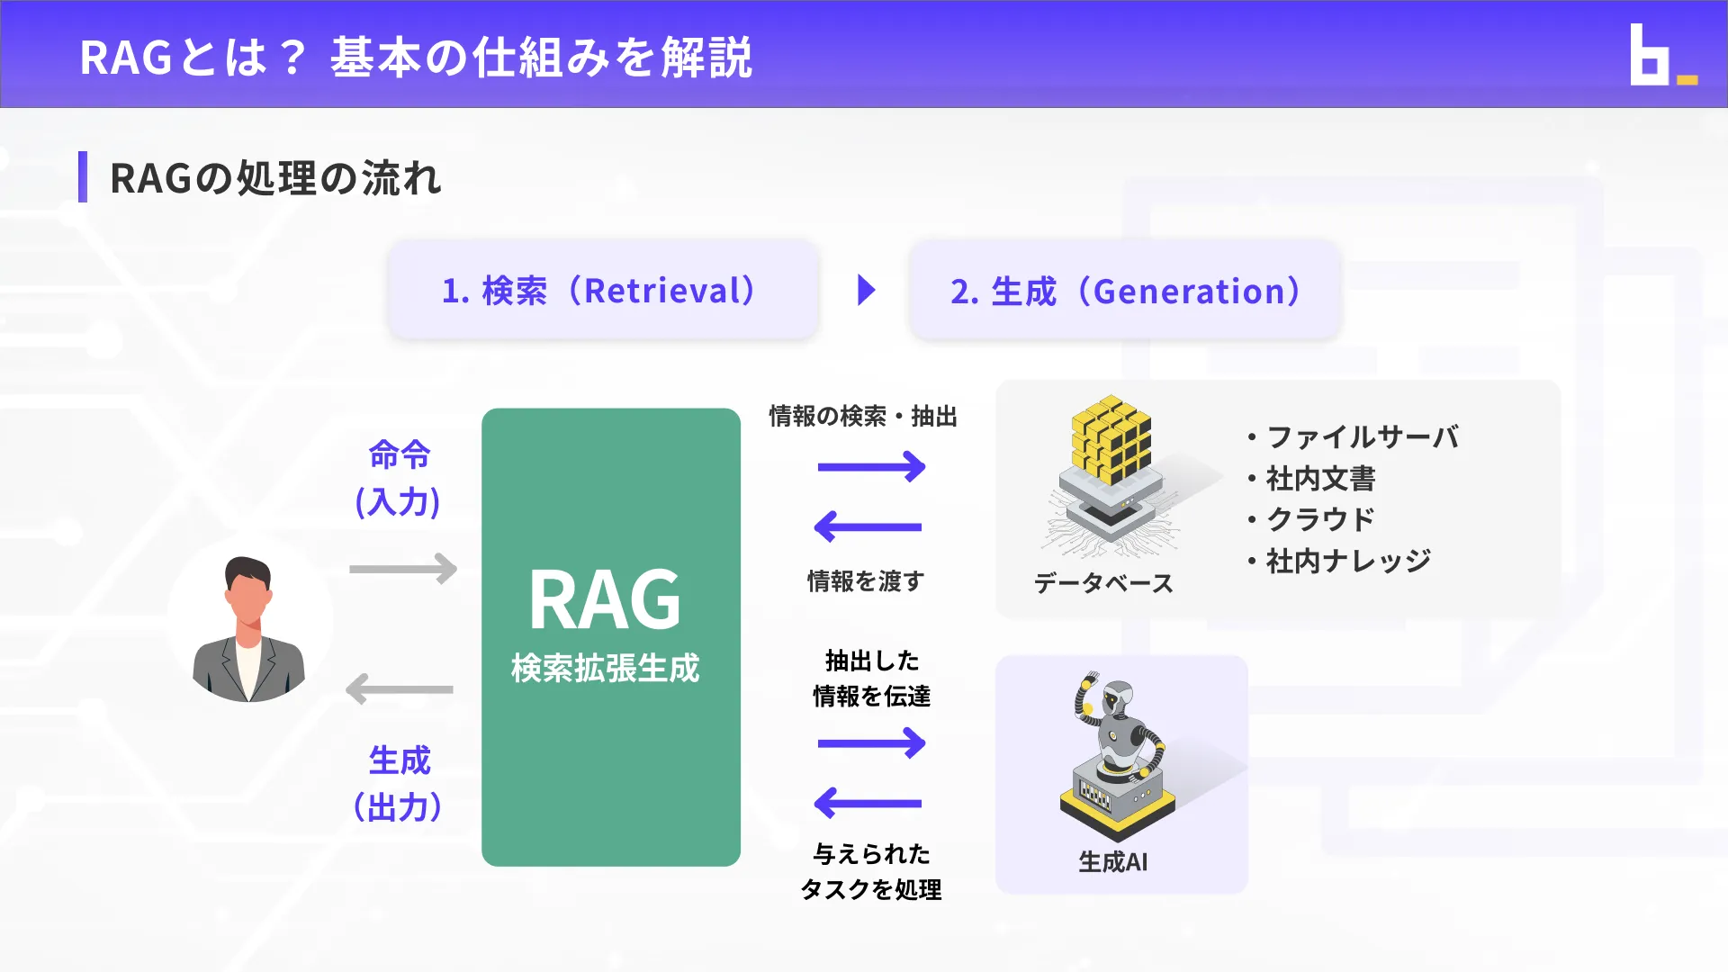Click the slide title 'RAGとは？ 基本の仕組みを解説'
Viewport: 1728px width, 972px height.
pos(416,58)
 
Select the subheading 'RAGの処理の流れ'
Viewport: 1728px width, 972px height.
pos(274,178)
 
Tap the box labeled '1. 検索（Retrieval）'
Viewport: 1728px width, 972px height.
pos(603,291)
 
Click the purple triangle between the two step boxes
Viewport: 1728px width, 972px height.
pos(866,291)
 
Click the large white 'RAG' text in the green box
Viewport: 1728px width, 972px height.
pos(605,600)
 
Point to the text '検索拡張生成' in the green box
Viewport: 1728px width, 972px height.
pos(605,668)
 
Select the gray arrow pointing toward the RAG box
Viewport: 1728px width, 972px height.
pos(403,569)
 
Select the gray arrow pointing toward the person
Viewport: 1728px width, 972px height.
pos(400,689)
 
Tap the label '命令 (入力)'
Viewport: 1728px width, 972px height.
pos(399,478)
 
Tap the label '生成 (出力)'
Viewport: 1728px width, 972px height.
pos(399,784)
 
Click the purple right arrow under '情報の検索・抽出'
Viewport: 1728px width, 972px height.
pos(871,466)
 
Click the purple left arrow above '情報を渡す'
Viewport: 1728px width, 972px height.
pos(868,526)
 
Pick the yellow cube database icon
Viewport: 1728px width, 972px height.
pos(1111,441)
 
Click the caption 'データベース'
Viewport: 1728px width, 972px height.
pos(1103,583)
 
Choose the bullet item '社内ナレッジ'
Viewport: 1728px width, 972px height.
pos(1347,561)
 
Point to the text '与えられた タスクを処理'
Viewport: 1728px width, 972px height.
pos(871,871)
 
